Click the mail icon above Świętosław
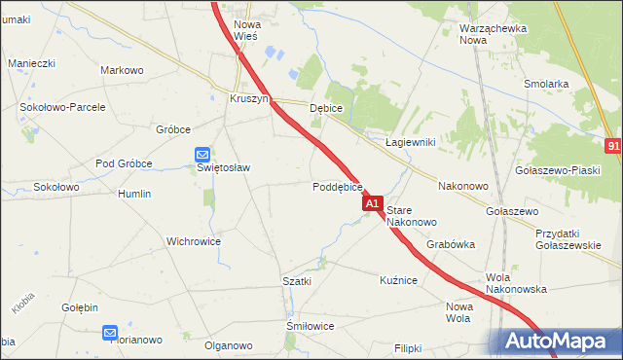tap(202, 154)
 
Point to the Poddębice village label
tap(338, 187)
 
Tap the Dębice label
tap(325, 108)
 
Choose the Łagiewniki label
tap(409, 142)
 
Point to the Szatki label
tap(296, 281)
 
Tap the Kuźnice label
tap(398, 280)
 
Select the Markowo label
tap(122, 70)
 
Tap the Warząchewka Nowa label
tap(493, 34)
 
